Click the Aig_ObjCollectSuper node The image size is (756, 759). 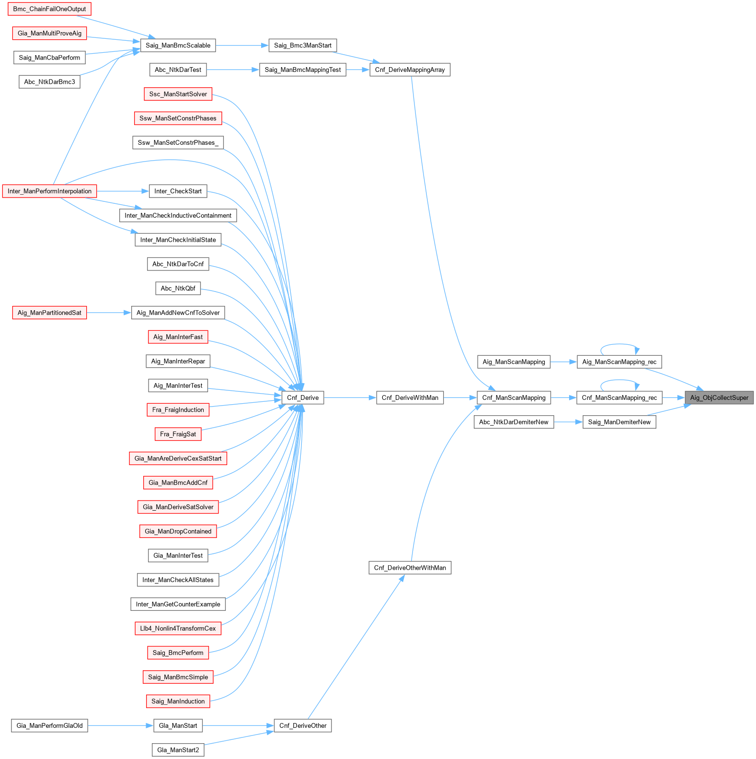pyautogui.click(x=719, y=397)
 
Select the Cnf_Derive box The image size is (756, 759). pyautogui.click(x=303, y=397)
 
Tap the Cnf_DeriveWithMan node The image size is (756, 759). pyautogui.click(x=410, y=397)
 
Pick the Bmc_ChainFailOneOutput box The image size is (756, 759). pyautogui.click(x=49, y=9)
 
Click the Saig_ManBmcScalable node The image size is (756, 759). pyautogui.click(x=178, y=46)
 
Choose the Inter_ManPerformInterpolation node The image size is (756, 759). pyautogui.click(x=49, y=191)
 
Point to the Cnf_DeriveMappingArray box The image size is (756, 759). pyautogui.click(x=410, y=70)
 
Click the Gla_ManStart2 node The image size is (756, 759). pyautogui.click(x=178, y=750)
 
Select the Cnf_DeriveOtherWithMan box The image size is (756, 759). pyautogui.click(x=410, y=568)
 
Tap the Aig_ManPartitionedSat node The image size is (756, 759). pyautogui.click(x=49, y=313)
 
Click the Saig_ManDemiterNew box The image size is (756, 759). pyautogui.click(x=619, y=422)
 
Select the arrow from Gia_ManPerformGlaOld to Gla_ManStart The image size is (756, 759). pyautogui.click(x=120, y=725)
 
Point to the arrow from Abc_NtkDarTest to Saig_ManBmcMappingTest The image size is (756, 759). pyautogui.click(x=233, y=70)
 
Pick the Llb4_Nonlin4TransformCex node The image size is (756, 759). pyautogui.click(x=178, y=629)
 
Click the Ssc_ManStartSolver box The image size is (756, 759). pyautogui.click(x=178, y=94)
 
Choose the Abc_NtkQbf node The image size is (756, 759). pyautogui.click(x=178, y=288)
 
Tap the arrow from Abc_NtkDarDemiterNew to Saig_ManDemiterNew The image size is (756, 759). pyautogui.click(x=568, y=422)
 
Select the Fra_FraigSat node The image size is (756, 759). pyautogui.click(x=178, y=434)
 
